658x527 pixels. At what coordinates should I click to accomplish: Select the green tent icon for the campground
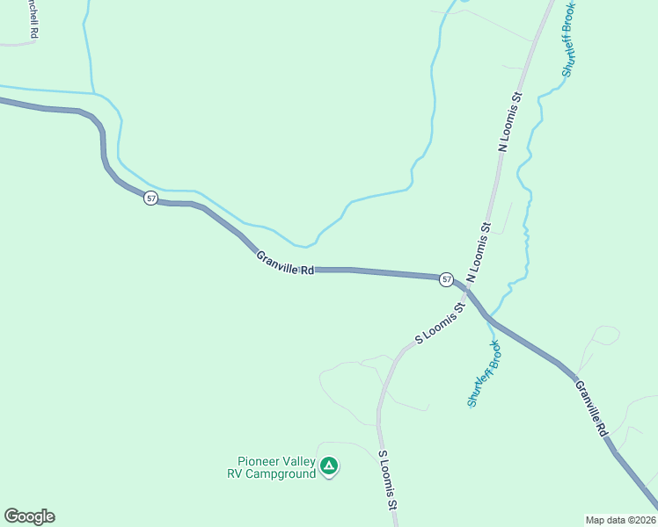point(329,466)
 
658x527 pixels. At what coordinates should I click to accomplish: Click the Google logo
point(29,516)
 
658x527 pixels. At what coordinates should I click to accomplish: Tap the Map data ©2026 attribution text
point(620,519)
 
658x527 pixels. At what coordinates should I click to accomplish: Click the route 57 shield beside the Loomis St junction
point(447,279)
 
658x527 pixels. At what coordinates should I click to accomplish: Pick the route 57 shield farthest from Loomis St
point(151,199)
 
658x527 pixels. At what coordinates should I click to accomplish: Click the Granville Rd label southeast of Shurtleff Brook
point(591,408)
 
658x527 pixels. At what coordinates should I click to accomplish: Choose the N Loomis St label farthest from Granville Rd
point(510,121)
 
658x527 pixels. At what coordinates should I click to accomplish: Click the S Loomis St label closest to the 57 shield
point(439,324)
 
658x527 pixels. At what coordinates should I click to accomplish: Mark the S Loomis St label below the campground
point(388,480)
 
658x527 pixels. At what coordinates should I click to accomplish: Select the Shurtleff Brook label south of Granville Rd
point(484,373)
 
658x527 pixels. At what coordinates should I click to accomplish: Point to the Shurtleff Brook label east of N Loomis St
point(567,40)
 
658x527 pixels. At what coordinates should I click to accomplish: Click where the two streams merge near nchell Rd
point(95,92)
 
